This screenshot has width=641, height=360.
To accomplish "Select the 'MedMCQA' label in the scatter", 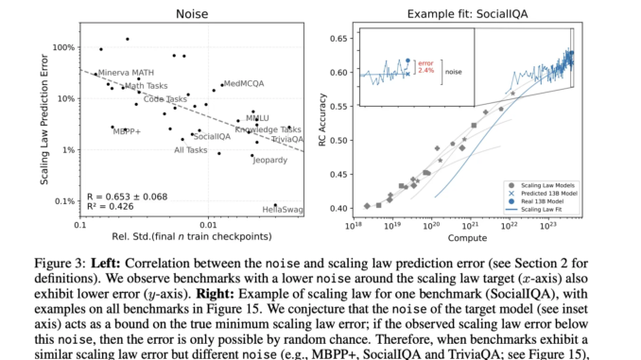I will pos(244,83).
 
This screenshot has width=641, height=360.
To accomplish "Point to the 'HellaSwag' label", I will pos(282,208).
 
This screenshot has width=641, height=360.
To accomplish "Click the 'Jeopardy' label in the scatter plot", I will pos(269,160).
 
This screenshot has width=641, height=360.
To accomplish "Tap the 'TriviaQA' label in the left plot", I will pos(286,140).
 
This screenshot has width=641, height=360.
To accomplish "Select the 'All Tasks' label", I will pos(191,150).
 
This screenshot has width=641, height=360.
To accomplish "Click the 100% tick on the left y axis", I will pos(63,47).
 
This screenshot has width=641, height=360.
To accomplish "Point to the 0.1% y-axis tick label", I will pos(63,201).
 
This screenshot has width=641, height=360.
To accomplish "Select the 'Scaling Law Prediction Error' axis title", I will pos(43,123).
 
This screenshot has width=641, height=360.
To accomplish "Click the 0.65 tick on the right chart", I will pos(338,40).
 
